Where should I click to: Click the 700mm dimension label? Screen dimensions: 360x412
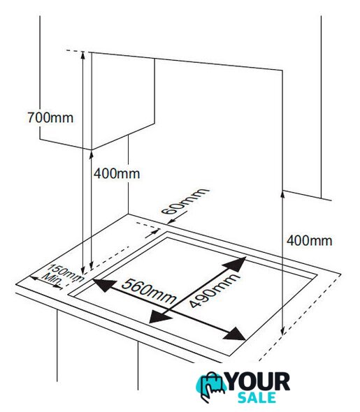(50, 118)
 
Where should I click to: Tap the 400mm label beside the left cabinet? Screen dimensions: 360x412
(117, 174)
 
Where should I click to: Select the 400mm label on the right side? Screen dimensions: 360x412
(309, 241)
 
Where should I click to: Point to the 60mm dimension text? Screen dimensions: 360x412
(185, 201)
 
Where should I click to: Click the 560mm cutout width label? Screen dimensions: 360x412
(149, 291)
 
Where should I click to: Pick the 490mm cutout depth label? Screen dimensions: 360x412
(214, 290)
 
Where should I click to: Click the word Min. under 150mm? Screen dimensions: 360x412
(52, 280)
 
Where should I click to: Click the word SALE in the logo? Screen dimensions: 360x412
(257, 397)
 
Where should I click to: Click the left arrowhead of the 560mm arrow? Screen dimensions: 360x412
(104, 285)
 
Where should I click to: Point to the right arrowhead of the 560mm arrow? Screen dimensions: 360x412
(235, 334)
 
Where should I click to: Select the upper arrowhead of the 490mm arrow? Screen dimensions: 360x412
(236, 264)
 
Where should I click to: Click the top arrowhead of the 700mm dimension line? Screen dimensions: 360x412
(82, 55)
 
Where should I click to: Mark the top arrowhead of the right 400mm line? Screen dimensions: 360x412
(282, 195)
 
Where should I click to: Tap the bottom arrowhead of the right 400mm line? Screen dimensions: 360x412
(282, 331)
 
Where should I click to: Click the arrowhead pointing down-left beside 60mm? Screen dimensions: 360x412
(171, 221)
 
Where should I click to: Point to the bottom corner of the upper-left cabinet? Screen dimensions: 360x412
(92, 149)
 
